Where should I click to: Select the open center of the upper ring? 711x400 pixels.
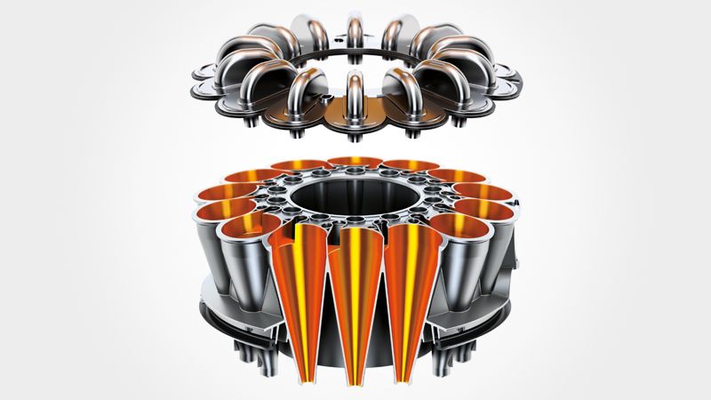pyautogui.click(x=355, y=67)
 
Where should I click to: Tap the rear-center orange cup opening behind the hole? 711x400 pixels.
pyautogui.click(x=355, y=162)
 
